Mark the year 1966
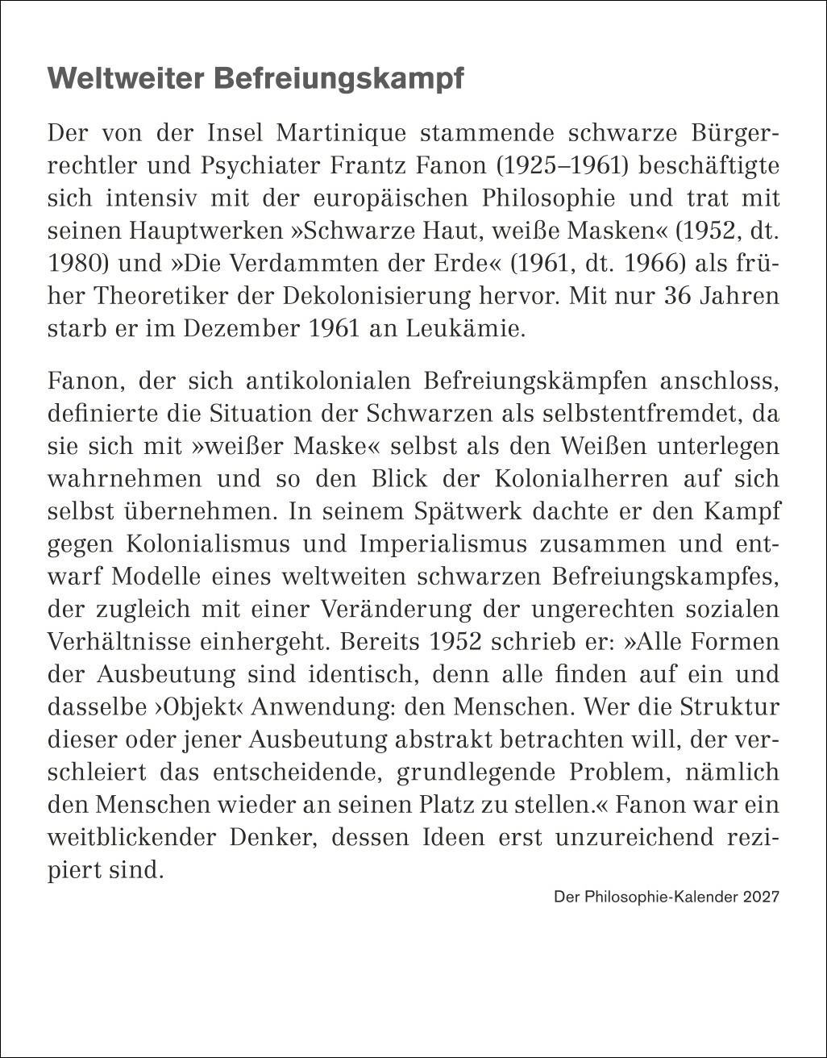(650, 264)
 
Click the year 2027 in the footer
(762, 897)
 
